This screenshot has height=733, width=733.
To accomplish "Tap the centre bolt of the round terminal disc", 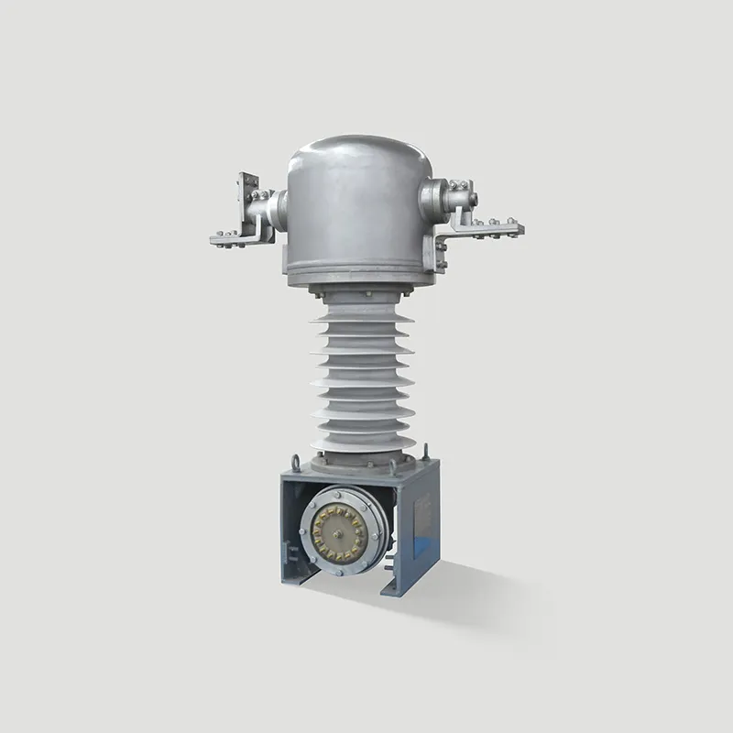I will (345, 534).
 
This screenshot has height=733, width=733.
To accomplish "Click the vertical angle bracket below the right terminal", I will (443, 247).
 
